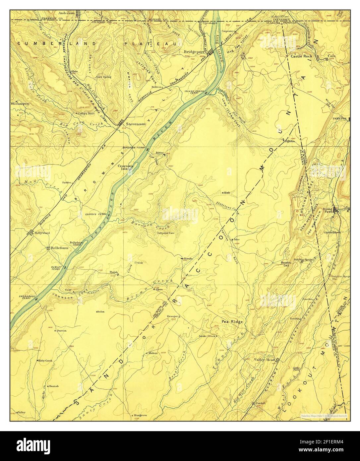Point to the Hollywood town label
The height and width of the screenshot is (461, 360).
pos(42,233)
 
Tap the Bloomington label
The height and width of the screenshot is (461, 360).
pos(20,103)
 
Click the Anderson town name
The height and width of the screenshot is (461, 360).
pos(66,13)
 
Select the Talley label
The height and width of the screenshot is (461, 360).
pos(22,412)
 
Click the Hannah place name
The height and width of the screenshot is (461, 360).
pos(54,386)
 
